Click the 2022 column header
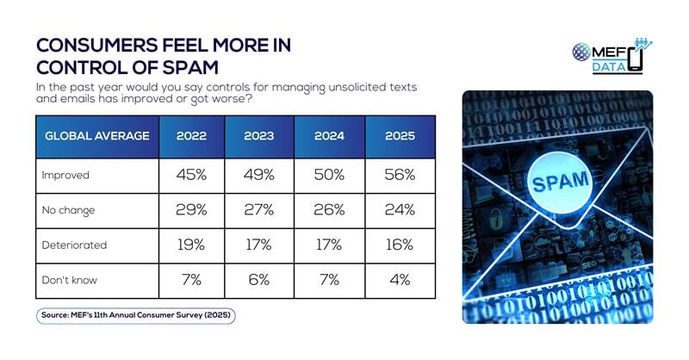[190, 136]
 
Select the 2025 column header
[400, 136]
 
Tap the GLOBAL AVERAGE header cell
[96, 136]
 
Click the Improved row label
[65, 175]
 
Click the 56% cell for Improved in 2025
[400, 175]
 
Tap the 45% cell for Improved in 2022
[190, 175]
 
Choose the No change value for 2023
[260, 210]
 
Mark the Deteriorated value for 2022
[190, 245]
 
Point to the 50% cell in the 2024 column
[330, 175]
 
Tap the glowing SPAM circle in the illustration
[561, 182]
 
